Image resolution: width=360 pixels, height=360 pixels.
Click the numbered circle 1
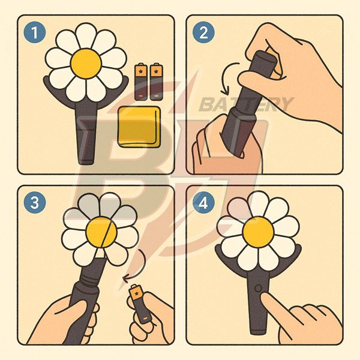point(35,32)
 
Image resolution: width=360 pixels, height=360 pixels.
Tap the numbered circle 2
point(203,32)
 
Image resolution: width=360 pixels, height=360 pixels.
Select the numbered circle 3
point(35,203)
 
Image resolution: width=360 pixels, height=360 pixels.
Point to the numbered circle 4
point(203,203)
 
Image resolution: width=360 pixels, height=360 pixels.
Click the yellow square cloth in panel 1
point(139,127)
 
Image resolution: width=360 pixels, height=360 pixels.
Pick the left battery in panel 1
point(141,82)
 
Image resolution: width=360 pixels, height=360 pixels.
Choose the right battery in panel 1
point(157,82)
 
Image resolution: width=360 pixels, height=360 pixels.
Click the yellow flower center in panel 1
point(86,64)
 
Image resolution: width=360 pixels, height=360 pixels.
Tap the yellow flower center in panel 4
point(258,232)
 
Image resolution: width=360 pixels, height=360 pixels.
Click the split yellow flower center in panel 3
point(101,232)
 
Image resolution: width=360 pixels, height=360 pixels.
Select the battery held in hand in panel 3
point(140,304)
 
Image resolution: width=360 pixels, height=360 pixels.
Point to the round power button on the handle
point(258,289)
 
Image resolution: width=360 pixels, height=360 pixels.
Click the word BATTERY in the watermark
point(246,104)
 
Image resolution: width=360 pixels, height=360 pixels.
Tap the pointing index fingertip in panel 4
point(264,296)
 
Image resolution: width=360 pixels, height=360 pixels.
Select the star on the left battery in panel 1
point(141,71)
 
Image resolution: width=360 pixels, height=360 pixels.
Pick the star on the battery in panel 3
point(137,293)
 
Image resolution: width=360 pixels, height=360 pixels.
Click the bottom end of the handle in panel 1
point(86,162)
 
